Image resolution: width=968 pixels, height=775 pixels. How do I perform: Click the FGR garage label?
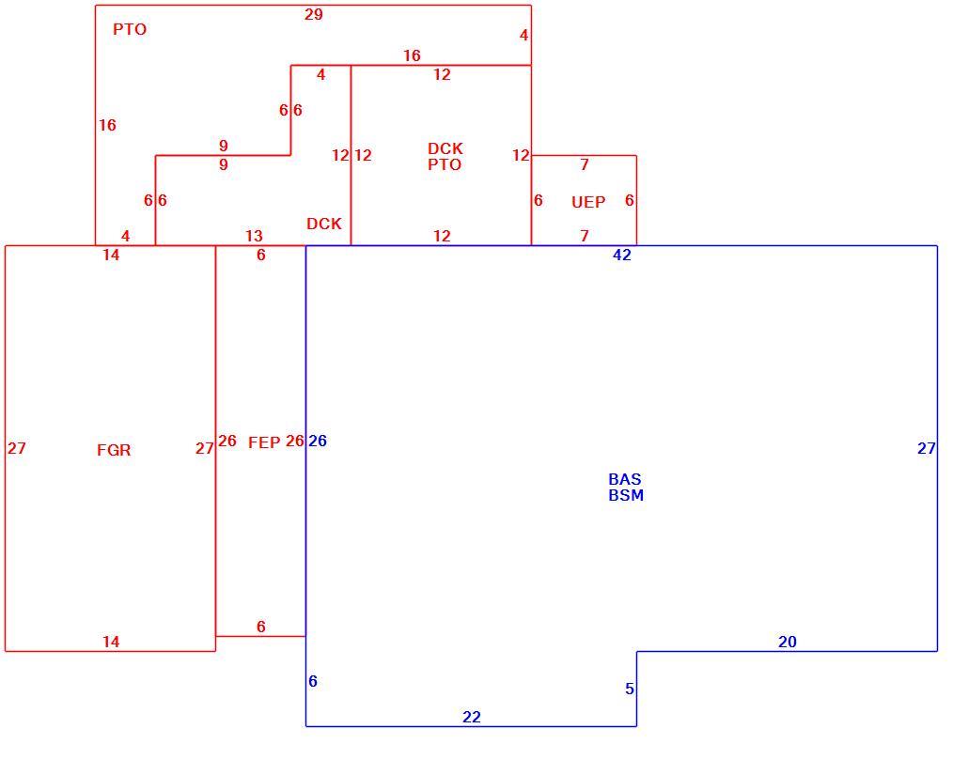pyautogui.click(x=114, y=450)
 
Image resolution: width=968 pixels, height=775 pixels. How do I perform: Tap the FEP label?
pyautogui.click(x=264, y=442)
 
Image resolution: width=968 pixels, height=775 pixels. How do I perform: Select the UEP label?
pyautogui.click(x=588, y=202)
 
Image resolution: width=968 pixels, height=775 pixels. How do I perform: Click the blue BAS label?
pyautogui.click(x=625, y=479)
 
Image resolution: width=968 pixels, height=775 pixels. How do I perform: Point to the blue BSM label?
pyautogui.click(x=626, y=495)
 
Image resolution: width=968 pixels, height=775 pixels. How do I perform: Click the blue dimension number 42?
pyautogui.click(x=621, y=255)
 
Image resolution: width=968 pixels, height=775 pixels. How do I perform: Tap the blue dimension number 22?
pyautogui.click(x=472, y=717)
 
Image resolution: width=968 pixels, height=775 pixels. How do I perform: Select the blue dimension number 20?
pyautogui.click(x=788, y=642)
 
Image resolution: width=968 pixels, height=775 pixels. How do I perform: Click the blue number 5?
pyautogui.click(x=629, y=689)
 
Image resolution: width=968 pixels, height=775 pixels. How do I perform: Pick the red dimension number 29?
pyautogui.click(x=314, y=14)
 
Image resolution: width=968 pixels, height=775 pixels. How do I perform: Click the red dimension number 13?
pyautogui.click(x=254, y=236)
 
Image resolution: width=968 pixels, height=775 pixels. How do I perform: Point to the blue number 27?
pyautogui.click(x=927, y=449)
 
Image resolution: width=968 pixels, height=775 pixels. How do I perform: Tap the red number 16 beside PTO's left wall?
pyautogui.click(x=107, y=125)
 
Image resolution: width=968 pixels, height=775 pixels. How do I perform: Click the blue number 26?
pyautogui.click(x=318, y=441)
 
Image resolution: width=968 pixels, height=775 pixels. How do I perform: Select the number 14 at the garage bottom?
pyautogui.click(x=111, y=642)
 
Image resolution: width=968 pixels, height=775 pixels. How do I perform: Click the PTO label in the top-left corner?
pyautogui.click(x=130, y=29)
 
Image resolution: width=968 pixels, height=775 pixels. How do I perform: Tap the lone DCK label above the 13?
pyautogui.click(x=324, y=224)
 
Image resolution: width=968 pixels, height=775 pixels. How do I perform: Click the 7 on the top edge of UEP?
pyautogui.click(x=585, y=164)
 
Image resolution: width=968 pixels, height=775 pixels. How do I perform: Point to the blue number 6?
pyautogui.click(x=313, y=681)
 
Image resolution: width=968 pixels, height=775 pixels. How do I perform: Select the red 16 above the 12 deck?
pyautogui.click(x=412, y=55)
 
